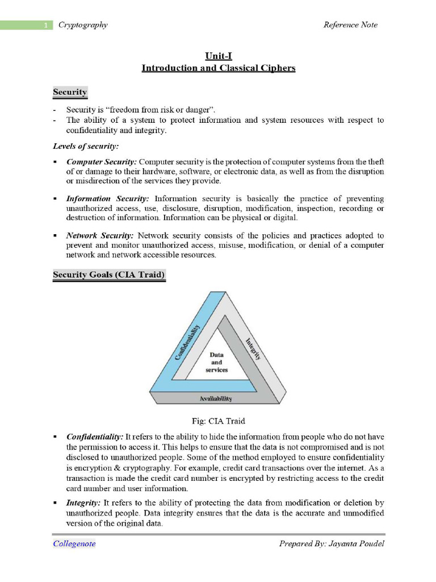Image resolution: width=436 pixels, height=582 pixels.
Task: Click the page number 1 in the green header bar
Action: point(45,25)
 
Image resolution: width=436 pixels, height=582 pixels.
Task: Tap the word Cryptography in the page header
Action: point(83,25)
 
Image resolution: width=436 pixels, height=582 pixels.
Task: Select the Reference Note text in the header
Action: point(350,25)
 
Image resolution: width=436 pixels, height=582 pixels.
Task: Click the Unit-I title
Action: point(218,56)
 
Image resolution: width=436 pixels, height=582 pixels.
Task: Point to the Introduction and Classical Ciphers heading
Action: point(218,68)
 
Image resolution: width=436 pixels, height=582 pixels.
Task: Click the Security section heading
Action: point(70,92)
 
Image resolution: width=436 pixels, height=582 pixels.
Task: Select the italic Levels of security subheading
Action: point(86,147)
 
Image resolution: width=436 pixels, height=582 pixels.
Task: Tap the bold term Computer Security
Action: point(101,162)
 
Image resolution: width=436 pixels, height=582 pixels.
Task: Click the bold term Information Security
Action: point(107,199)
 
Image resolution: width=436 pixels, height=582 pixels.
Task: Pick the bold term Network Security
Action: point(100,235)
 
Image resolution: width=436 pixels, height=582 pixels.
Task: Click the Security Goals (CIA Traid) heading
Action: point(109,275)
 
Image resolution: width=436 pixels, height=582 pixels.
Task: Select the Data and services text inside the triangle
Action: point(216,361)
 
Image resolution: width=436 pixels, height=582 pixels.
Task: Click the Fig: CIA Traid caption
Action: point(218,421)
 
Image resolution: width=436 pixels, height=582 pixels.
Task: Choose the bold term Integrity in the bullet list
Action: point(83,503)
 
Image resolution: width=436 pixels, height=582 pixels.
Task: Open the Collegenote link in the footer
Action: point(74,544)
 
